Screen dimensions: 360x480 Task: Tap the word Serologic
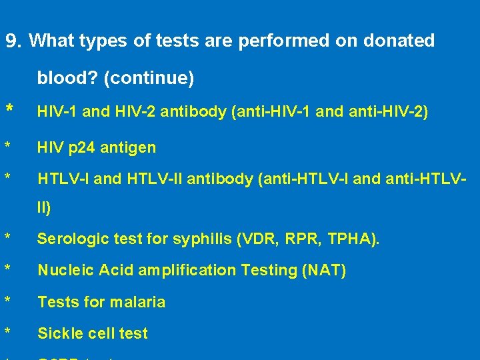[x=69, y=238]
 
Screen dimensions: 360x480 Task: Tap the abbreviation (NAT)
[x=323, y=270]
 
